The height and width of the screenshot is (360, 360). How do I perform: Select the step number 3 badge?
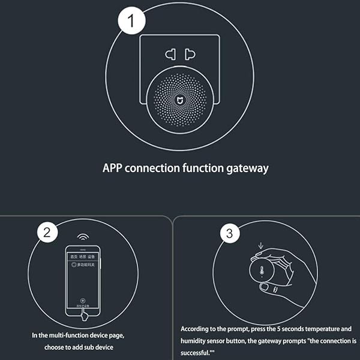coord(228,234)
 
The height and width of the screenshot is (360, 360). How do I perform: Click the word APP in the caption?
coord(115,169)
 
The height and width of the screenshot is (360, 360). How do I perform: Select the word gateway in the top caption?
coord(246,169)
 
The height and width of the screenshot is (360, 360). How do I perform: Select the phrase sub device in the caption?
coord(100,347)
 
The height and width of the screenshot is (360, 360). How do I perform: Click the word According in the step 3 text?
coord(197,329)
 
